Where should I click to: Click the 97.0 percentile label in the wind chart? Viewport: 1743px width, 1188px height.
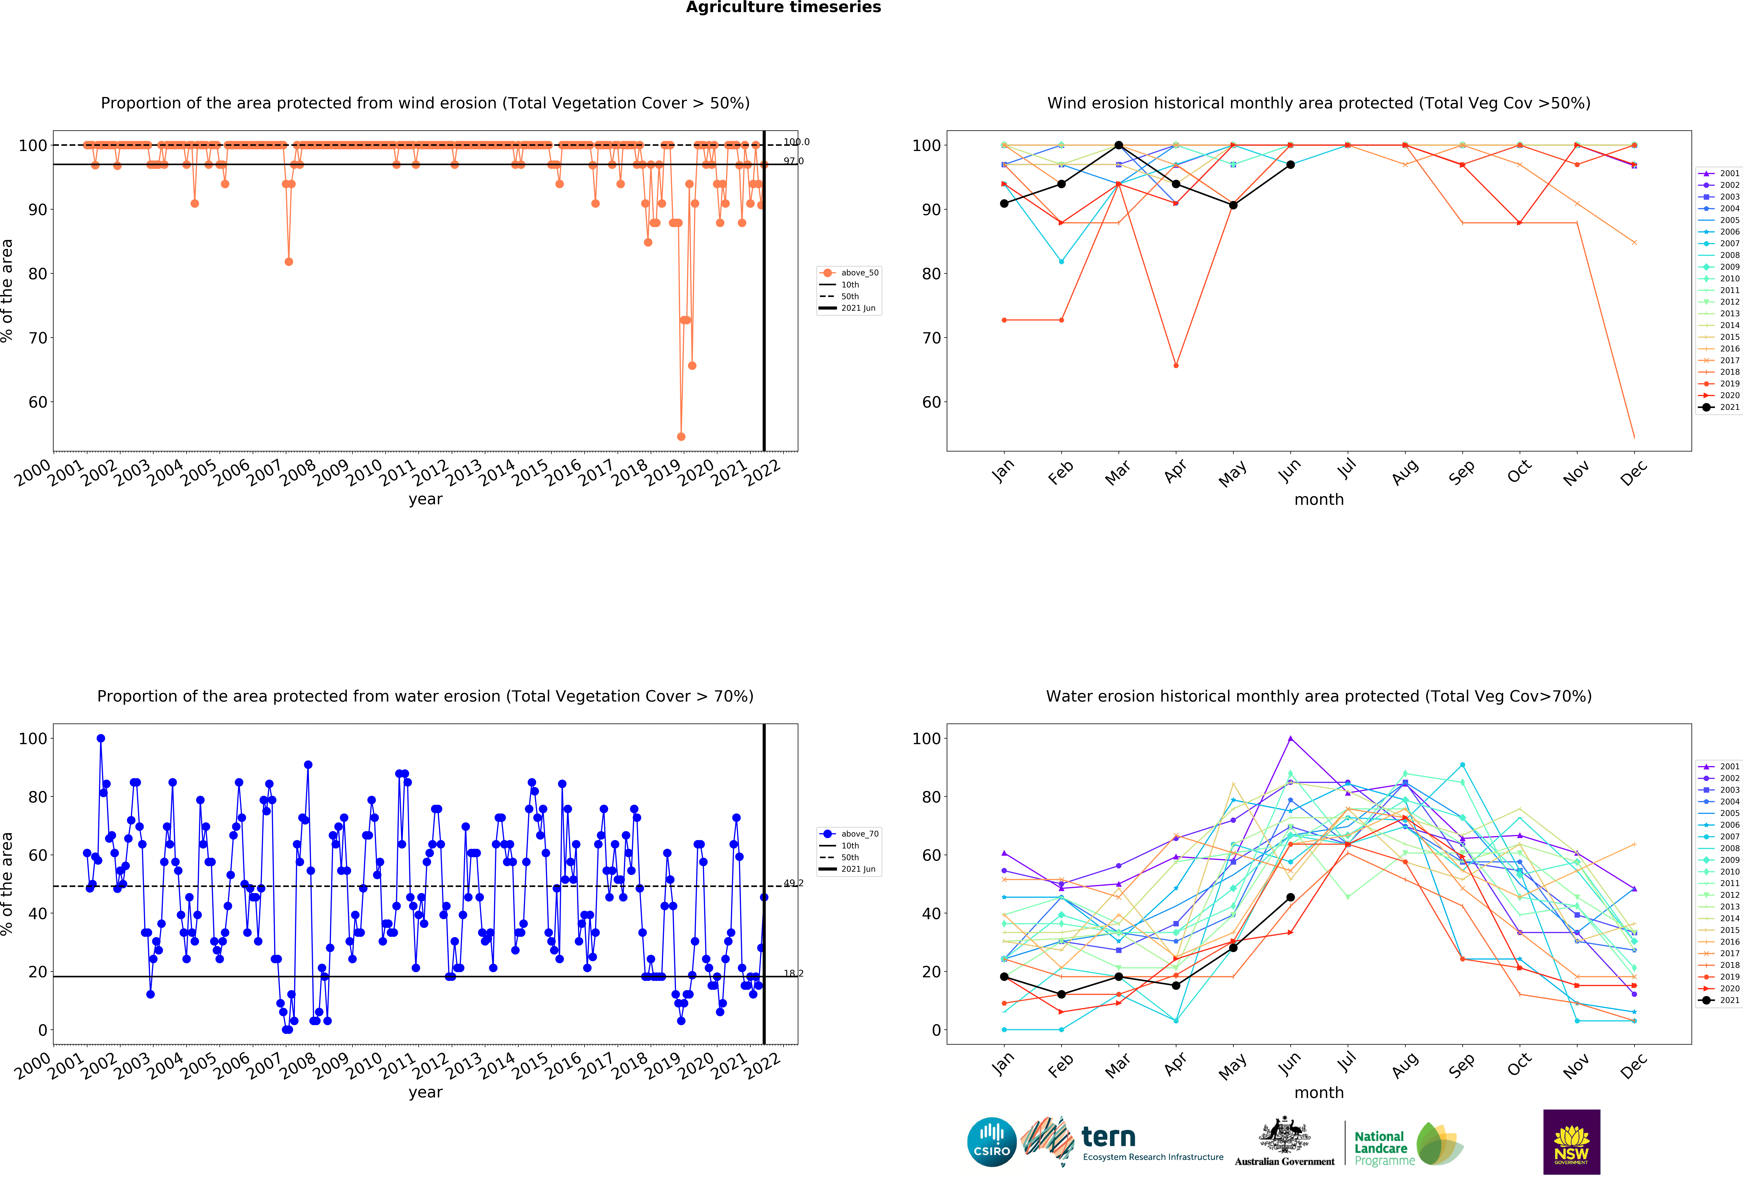click(x=793, y=161)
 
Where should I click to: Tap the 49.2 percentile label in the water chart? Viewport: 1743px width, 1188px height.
click(x=793, y=883)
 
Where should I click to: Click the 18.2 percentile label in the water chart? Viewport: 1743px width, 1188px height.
click(x=793, y=973)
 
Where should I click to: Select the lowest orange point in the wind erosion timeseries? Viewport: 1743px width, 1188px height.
click(x=681, y=436)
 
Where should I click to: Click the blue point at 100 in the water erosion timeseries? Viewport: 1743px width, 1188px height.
click(x=100, y=738)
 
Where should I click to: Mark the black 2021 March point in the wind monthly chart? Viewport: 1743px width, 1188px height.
click(x=1118, y=145)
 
